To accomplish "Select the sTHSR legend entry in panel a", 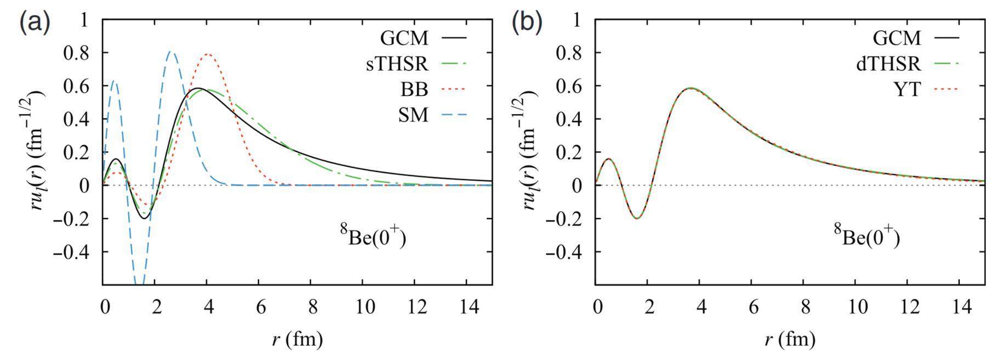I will coord(397,64).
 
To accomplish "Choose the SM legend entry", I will coord(414,116).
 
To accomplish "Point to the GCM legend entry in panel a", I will coord(404,38).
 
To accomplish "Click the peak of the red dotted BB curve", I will coord(208,54).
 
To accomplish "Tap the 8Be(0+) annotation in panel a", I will coord(373,237).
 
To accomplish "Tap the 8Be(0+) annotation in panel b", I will coord(866,237).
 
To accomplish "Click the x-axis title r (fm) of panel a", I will coord(297,340).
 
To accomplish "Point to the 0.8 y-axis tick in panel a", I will coord(79,53).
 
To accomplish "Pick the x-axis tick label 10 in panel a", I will coord(362,306).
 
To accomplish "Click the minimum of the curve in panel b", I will coord(637,218).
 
